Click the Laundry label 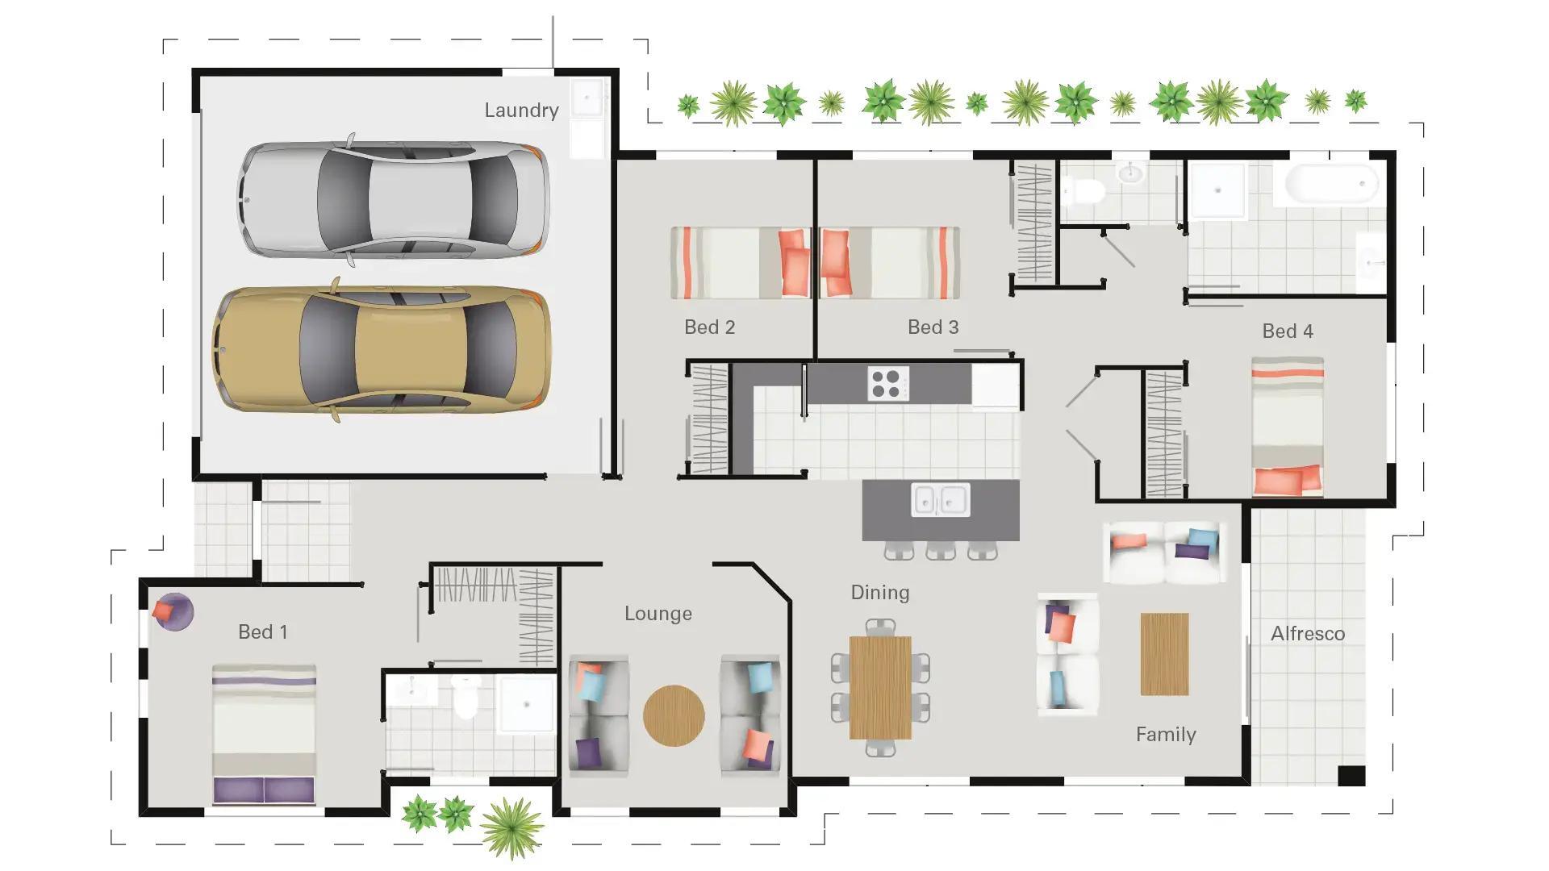(x=521, y=110)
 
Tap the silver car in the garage (x=394, y=199)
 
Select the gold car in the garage (x=382, y=350)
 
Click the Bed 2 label (x=709, y=327)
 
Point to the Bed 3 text (x=933, y=327)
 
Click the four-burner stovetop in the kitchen (x=887, y=383)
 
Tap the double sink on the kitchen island (x=940, y=499)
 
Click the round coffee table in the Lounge (x=674, y=715)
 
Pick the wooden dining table (x=879, y=687)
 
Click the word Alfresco (x=1307, y=634)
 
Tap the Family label (x=1165, y=734)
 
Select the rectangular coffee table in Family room (x=1164, y=653)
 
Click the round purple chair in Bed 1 (x=173, y=612)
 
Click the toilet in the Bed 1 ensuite (x=466, y=698)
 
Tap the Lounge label (x=658, y=614)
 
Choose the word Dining (x=879, y=593)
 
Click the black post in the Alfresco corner (x=1351, y=776)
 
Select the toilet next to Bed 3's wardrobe (x=1086, y=192)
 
